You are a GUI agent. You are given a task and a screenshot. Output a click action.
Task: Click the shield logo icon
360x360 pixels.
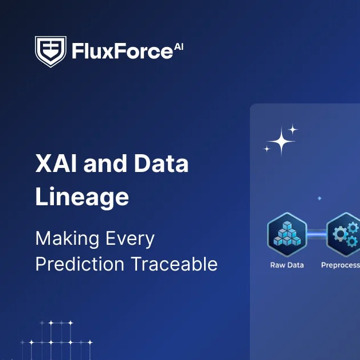(51, 52)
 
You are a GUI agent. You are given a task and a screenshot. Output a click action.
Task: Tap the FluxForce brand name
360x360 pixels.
(122, 52)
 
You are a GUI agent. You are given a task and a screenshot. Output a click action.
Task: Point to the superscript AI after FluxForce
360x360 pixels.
(178, 46)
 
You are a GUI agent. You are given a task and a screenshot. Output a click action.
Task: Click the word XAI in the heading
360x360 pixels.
(56, 164)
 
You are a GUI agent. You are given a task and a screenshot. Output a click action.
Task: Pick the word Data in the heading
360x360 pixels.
(161, 164)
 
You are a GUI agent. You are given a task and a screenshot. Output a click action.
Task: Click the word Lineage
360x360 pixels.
(82, 197)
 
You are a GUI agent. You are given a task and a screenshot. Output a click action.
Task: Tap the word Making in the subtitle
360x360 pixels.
(69, 238)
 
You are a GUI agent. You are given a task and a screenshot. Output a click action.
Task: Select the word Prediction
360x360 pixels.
(80, 264)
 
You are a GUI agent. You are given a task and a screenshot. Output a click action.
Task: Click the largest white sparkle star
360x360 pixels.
(281, 142)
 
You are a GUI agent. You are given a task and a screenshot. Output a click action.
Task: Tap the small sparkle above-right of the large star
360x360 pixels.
(293, 130)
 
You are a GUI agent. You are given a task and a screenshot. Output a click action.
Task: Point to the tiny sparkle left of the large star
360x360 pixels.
(267, 149)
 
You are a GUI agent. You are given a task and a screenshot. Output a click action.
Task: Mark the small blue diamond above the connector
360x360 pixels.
(319, 198)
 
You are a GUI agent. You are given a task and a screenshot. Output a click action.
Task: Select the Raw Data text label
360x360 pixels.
(287, 265)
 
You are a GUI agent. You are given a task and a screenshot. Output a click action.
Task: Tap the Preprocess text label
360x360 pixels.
(340, 265)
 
